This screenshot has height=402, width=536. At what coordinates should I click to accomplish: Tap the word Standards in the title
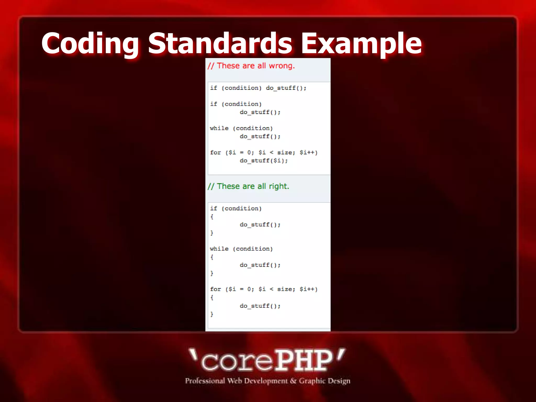coord(220,43)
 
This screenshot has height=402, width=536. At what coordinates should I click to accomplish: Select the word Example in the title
coord(361,43)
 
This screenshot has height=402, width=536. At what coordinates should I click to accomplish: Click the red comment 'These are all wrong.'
coord(251,66)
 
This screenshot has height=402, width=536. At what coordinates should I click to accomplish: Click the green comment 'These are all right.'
coord(248,186)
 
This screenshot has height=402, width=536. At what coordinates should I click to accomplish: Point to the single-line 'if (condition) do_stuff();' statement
coord(258,88)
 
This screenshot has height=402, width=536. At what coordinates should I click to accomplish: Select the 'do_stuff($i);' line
coord(264,161)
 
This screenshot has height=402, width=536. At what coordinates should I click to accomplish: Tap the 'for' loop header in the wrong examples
coord(264,152)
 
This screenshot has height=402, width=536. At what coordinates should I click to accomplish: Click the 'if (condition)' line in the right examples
coord(236,209)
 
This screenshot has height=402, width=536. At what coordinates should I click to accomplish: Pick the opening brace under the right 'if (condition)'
coord(212,217)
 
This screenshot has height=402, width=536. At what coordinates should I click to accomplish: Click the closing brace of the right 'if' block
coord(212,233)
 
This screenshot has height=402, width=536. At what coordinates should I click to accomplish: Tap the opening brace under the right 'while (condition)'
coord(212,257)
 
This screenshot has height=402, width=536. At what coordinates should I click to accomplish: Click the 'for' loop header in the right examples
coord(264,289)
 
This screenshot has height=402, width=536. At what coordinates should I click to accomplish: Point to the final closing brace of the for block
coord(212,314)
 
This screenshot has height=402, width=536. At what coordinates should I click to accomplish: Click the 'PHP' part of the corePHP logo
coord(304,361)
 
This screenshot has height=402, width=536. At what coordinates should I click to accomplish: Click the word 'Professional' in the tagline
coord(205,381)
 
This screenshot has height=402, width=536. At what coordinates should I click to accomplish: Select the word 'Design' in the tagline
coord(339,381)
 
